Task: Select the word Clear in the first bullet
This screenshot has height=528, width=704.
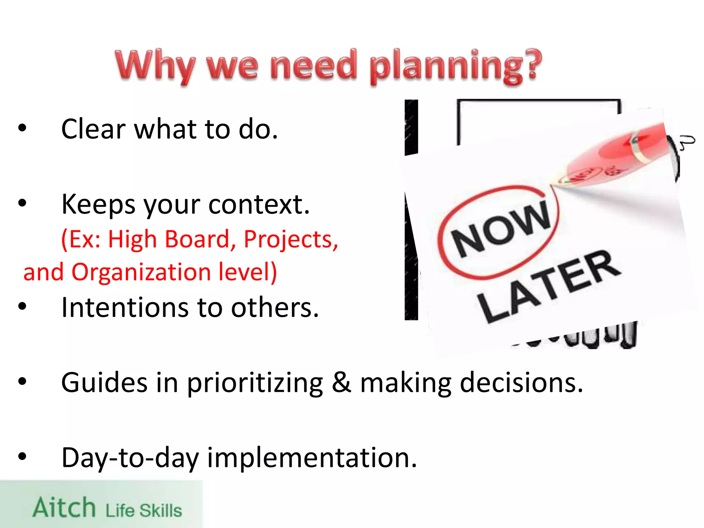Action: tap(93, 129)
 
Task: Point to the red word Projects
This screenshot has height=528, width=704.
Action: tap(291, 240)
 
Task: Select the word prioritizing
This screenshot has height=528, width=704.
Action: tap(255, 383)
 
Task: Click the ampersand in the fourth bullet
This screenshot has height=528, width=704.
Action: tap(341, 382)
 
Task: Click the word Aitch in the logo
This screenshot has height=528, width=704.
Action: tap(64, 507)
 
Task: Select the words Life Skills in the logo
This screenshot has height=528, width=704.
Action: tap(143, 510)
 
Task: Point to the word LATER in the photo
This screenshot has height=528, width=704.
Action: tap(548, 285)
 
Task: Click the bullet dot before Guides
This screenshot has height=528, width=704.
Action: tap(22, 381)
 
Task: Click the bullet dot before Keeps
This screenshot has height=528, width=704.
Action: tap(22, 203)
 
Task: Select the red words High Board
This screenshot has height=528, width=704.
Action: tap(168, 240)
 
